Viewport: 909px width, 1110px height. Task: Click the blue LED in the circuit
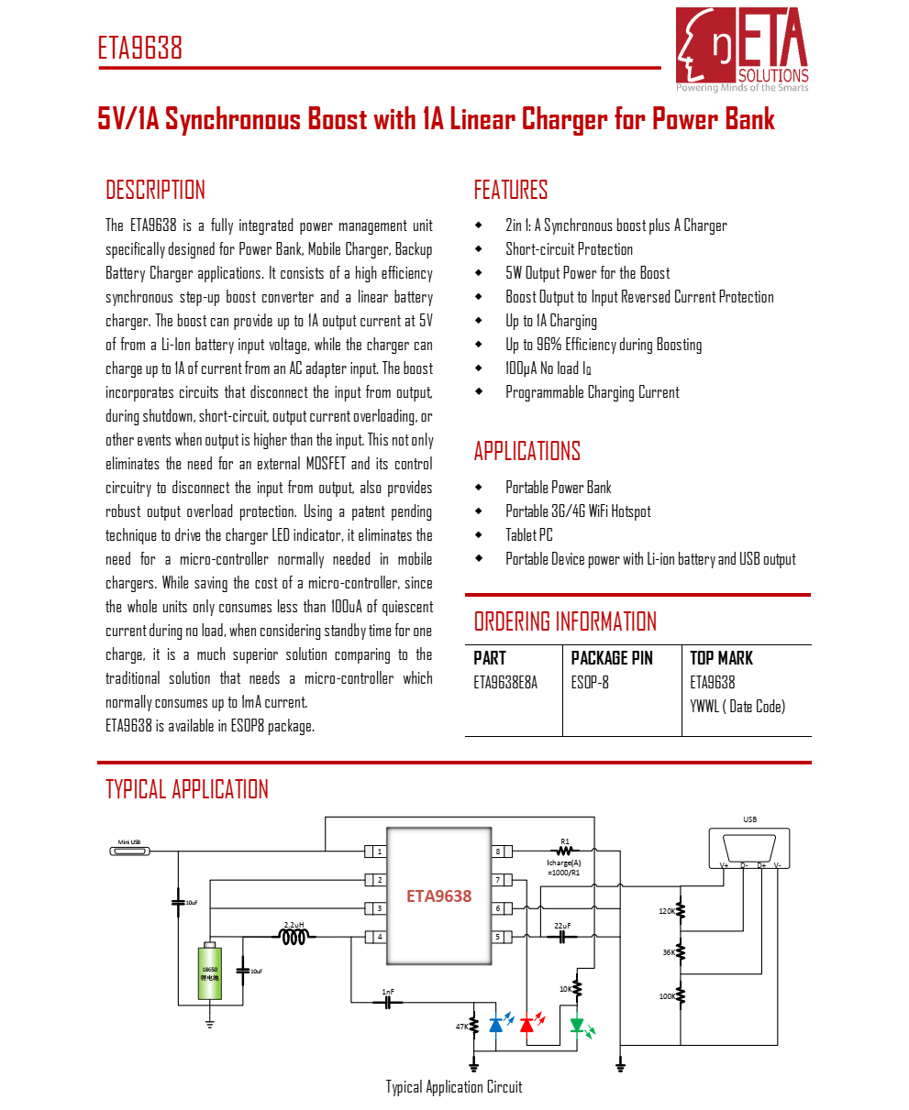point(496,1024)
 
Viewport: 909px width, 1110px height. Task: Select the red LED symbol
point(527,1024)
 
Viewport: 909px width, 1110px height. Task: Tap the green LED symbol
point(577,1025)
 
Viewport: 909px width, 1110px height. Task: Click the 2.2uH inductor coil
point(294,937)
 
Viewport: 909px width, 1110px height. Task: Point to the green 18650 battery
point(209,973)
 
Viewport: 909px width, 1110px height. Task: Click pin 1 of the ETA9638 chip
point(375,852)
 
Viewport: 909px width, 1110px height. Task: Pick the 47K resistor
point(474,1026)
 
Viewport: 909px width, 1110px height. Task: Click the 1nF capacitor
point(389,1003)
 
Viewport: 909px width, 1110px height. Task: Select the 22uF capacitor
point(561,937)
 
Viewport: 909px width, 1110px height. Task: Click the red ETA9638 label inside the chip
point(438,896)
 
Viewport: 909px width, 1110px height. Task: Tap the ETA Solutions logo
point(742,49)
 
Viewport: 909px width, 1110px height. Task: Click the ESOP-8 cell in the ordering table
point(590,683)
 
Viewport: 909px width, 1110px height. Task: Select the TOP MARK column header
point(721,658)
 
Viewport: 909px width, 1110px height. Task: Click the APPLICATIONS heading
point(527,451)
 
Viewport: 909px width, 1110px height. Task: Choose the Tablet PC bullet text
point(529,535)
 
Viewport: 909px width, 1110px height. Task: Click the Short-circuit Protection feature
point(569,249)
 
